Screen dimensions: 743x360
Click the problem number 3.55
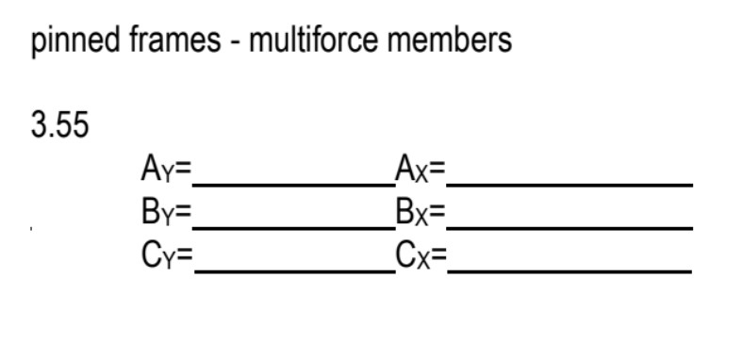60,125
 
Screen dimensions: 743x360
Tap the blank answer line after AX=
570,184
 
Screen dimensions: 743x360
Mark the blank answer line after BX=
570,226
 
